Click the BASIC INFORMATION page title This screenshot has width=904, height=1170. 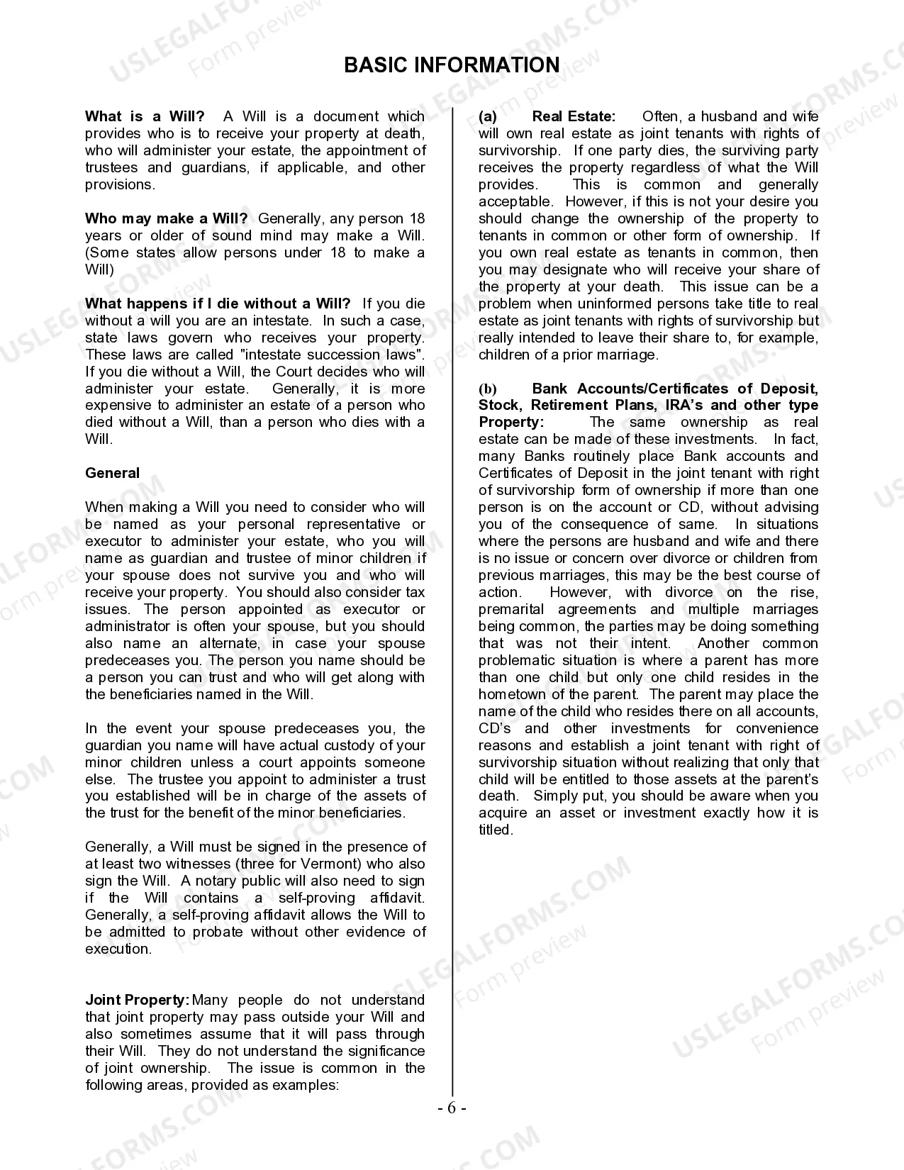[452, 65]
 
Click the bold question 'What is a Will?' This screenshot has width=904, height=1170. [145, 116]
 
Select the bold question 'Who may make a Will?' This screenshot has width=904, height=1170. [166, 218]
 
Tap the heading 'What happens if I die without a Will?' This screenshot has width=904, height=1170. [218, 303]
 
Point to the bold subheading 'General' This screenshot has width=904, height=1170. [112, 473]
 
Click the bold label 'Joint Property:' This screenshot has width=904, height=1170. [137, 1000]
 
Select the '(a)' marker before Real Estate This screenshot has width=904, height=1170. [488, 116]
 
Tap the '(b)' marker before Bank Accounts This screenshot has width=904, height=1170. [488, 389]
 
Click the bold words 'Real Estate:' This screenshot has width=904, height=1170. [574, 116]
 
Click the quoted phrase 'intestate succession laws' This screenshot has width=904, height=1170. [345, 355]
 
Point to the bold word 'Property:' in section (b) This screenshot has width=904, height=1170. [511, 422]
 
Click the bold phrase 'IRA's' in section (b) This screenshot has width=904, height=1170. [685, 405]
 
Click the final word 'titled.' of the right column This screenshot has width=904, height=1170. [496, 830]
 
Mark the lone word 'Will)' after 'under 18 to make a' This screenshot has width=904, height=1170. [99, 269]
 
